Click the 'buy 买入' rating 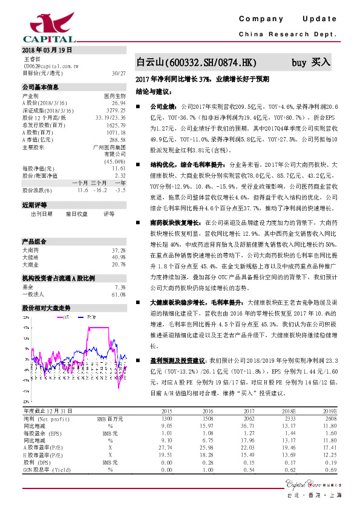311,62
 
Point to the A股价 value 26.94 119,103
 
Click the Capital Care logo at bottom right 314,482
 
